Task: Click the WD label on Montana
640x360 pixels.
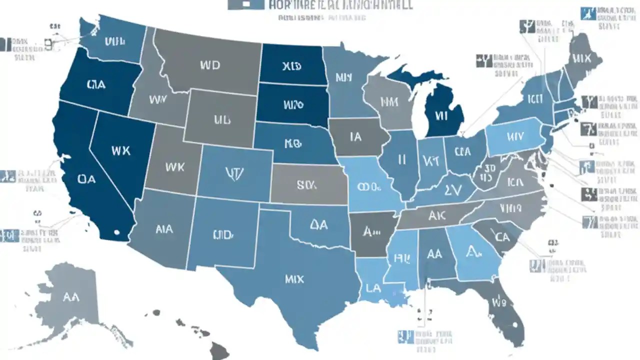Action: tap(209, 65)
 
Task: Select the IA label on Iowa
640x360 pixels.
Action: tap(355, 136)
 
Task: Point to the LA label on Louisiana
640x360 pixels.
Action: tap(372, 288)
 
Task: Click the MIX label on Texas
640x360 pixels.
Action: tap(294, 279)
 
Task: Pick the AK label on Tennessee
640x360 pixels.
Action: tap(437, 215)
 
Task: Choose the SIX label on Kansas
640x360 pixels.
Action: tap(306, 185)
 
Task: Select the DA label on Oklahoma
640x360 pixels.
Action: tap(318, 225)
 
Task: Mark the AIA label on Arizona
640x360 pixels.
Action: tap(164, 229)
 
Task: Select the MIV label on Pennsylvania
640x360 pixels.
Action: tap(514, 136)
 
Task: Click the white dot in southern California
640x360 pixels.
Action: tap(116, 232)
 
